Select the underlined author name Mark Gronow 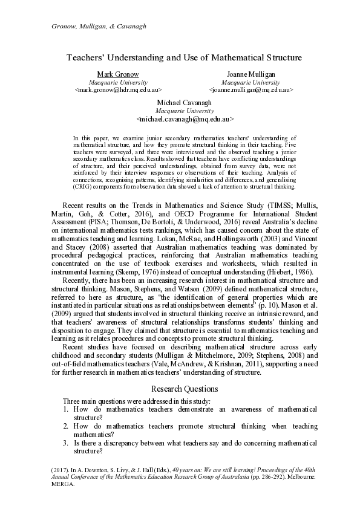coord(118,74)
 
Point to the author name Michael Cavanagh coord(185,103)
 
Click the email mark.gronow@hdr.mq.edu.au coord(118,89)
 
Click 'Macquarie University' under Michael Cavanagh coord(185,112)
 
